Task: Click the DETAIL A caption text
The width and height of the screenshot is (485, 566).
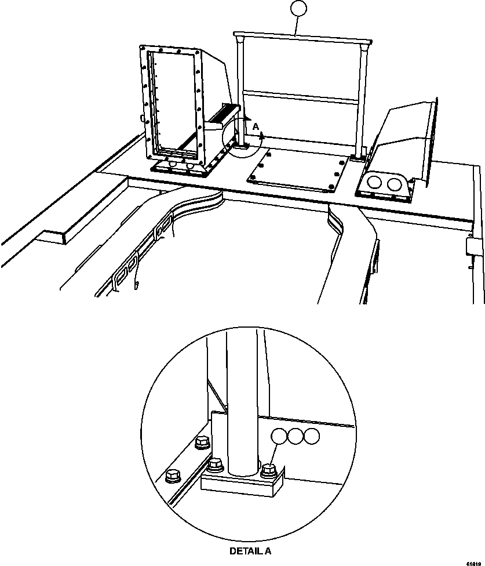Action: pyautogui.click(x=250, y=552)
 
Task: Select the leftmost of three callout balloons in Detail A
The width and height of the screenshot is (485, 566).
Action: pyautogui.click(x=280, y=437)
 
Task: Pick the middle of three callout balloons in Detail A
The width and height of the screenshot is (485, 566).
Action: pyautogui.click(x=296, y=437)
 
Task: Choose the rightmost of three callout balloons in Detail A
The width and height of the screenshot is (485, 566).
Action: pyautogui.click(x=312, y=437)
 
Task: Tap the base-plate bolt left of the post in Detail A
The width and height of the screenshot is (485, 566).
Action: pyautogui.click(x=216, y=464)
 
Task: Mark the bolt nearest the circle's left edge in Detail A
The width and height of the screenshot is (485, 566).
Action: pyautogui.click(x=172, y=476)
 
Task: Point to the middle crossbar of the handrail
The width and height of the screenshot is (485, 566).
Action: pyautogui.click(x=301, y=97)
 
